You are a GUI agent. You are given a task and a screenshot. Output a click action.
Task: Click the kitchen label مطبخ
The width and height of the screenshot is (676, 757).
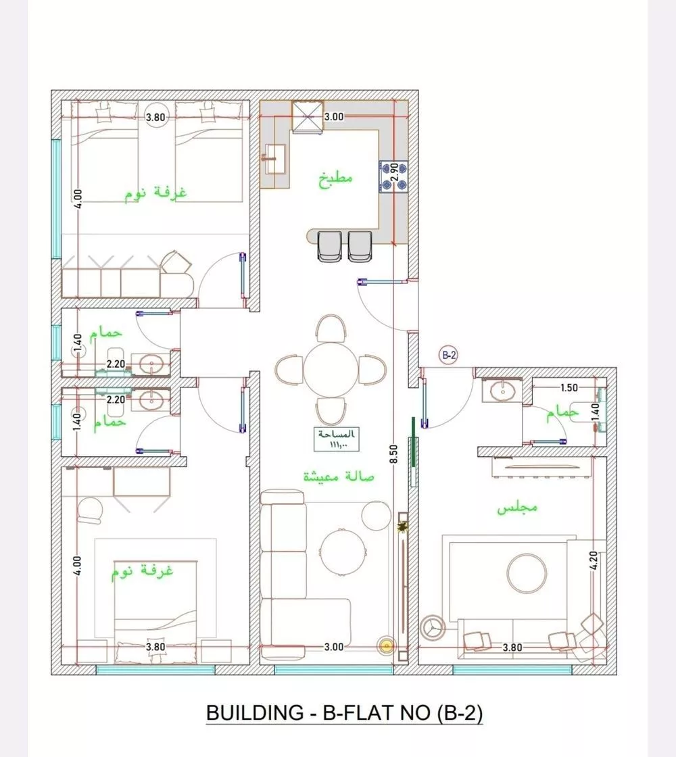[x=335, y=178]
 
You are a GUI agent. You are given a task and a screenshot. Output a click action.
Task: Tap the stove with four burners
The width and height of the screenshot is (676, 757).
[x=393, y=176]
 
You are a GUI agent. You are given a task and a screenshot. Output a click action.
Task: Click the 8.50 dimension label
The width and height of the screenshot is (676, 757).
[x=393, y=454]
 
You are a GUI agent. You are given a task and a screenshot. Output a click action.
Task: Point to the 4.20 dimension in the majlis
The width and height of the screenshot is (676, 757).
[x=594, y=560]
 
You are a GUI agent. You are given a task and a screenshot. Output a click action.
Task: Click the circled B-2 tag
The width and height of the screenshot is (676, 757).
[x=449, y=356]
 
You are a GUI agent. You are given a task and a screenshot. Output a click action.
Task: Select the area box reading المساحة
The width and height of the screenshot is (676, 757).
[x=337, y=439]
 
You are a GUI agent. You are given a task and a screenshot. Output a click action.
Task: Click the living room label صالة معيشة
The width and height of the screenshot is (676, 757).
[x=339, y=477]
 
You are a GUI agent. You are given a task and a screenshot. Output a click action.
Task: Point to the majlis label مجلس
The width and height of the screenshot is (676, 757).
[x=517, y=508]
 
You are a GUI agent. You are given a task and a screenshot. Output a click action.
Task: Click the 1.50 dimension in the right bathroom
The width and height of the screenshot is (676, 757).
[x=569, y=388]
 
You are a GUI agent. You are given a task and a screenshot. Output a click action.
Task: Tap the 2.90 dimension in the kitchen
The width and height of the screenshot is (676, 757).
[x=394, y=172]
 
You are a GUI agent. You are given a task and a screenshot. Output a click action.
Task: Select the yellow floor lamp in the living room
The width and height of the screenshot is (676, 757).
[x=386, y=645]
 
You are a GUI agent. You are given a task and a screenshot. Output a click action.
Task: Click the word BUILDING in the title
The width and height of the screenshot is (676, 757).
[x=254, y=712]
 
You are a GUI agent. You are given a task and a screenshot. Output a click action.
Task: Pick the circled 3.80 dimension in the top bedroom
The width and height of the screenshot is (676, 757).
[x=155, y=118]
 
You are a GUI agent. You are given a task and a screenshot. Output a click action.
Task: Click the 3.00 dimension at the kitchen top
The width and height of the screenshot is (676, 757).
[x=334, y=117]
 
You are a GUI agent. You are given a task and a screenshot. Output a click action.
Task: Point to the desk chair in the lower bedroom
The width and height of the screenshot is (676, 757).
[x=90, y=510]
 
